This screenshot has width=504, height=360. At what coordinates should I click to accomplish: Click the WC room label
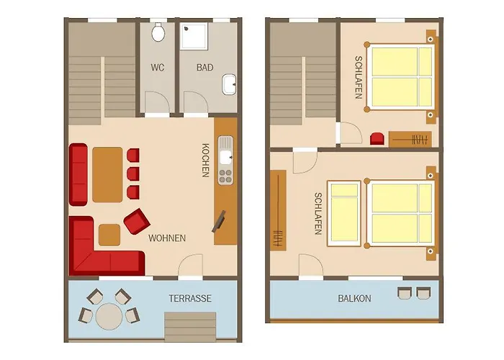158,68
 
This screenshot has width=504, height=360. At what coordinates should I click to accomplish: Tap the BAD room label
204,68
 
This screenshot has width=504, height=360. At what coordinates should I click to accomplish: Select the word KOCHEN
205,160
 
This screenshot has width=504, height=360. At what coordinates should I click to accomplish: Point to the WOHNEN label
167,238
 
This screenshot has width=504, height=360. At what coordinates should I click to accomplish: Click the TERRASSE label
190,298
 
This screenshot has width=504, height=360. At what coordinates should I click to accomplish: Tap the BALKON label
354,298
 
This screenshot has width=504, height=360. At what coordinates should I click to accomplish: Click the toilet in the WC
158,32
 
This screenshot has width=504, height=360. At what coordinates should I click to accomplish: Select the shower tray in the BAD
194,36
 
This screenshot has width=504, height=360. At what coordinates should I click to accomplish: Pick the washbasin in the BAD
229,84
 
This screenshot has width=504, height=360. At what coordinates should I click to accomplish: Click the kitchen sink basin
225,157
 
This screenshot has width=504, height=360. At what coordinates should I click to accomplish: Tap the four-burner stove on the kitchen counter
225,176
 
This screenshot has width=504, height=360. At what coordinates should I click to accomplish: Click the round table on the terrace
109,316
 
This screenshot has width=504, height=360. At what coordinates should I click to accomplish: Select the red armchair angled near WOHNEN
137,221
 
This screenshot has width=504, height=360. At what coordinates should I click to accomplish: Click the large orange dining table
107,174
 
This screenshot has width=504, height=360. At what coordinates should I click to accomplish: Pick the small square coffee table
109,235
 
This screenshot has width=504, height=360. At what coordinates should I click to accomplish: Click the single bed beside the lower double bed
344,213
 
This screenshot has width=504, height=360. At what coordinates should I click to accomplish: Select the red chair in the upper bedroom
377,138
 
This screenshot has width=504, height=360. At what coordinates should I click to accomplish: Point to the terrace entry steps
190,326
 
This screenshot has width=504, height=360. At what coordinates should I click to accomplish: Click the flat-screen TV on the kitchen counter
219,221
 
